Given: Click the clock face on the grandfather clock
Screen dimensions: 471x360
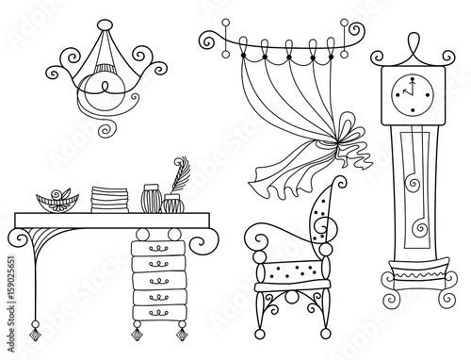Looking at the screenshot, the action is coord(413,94).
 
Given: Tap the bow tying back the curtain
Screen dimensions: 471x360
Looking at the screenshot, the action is coord(349,141).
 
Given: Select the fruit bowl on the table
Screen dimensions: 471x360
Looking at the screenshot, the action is coord(57,201).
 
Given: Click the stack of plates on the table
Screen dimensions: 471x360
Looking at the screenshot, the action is coord(109,200).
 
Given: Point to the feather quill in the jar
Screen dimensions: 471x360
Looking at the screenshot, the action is coord(181,174).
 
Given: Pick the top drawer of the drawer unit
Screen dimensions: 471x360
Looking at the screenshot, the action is coord(158,248).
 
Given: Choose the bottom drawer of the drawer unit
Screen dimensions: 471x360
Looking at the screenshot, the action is coord(159,313).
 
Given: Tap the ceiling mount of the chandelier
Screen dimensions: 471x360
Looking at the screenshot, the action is coord(105,25).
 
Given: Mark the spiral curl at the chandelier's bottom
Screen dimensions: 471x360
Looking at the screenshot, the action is coord(107,129).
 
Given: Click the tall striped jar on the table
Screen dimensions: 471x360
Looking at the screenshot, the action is coord(152,199).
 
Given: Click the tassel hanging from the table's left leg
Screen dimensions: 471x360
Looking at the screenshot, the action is coord(35,331).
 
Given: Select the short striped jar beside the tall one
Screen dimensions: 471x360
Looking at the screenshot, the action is coord(172,204).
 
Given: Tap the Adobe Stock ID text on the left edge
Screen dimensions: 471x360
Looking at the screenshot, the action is coord(11,304).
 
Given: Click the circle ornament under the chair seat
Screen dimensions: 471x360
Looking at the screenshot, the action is coord(292,297).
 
